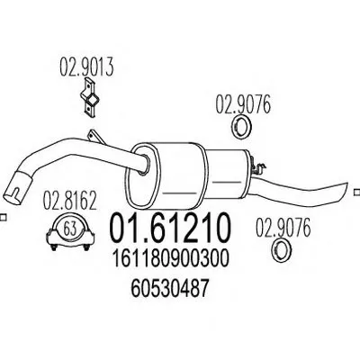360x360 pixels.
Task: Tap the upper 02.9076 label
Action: [x=243, y=104]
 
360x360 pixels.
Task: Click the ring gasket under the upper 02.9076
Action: [x=242, y=128]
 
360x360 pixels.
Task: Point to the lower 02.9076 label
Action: [x=283, y=228]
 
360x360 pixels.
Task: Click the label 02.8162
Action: [x=70, y=201]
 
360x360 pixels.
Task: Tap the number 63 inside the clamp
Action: [x=69, y=229]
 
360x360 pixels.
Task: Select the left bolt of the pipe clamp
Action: [x=54, y=247]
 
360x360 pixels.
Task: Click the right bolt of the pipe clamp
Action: [x=86, y=247]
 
